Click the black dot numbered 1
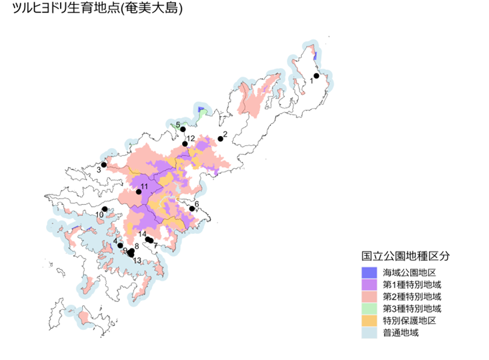(317, 76)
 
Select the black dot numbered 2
(220, 139)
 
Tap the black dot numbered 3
(104, 164)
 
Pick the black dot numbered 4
(120, 246)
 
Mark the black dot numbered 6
(192, 209)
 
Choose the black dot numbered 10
(104, 209)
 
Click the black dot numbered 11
(139, 192)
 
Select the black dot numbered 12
(185, 144)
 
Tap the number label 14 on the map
(142, 234)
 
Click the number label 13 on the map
(137, 261)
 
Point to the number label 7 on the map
(156, 246)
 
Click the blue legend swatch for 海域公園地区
(369, 273)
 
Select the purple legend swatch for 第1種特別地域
(369, 285)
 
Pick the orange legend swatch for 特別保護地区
(369, 321)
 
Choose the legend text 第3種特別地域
(412, 309)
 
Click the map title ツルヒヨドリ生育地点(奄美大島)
(93, 11)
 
